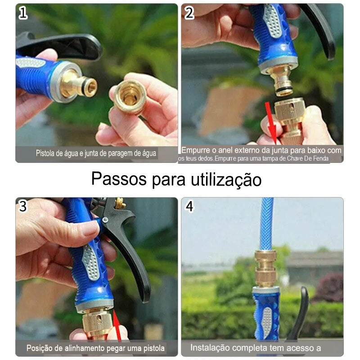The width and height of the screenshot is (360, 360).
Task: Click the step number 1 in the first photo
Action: click(23, 13)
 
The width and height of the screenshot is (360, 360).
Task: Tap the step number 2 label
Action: click(189, 13)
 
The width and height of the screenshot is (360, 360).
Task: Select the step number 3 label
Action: click(23, 206)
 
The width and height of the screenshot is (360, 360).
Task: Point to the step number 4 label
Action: click(189, 206)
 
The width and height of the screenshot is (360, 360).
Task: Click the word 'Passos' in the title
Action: click(119, 178)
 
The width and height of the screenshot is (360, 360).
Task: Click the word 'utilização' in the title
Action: click(226, 180)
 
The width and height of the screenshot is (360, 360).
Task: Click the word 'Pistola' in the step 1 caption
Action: click(45, 153)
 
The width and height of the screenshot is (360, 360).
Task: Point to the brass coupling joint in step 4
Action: click(265, 269)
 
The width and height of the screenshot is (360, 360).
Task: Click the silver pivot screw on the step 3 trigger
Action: click(105, 220)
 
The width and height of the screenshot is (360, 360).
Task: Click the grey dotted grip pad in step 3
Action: click(90, 262)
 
